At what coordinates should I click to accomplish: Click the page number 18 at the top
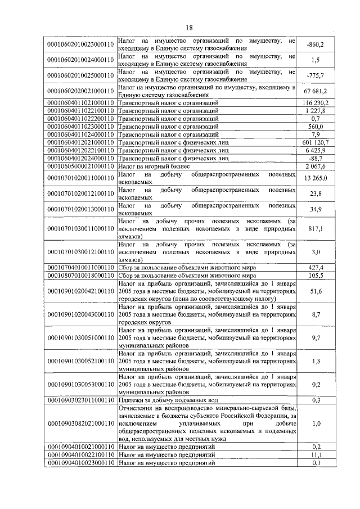tap(189, 28)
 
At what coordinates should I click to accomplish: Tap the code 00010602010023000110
tap(80, 43)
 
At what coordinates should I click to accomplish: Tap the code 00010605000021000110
tap(80, 167)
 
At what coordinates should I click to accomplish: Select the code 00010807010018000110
tap(80, 276)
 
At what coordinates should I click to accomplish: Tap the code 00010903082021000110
tap(80, 422)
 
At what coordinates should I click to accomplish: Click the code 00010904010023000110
tap(80, 462)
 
